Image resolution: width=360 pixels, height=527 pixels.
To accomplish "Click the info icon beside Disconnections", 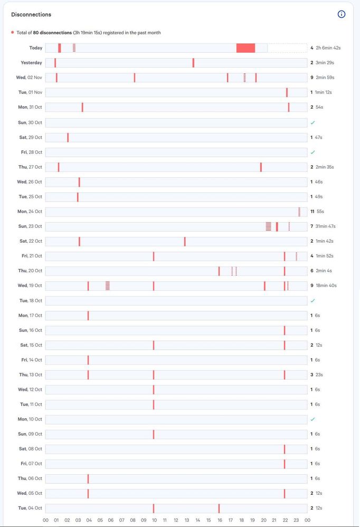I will [342, 14].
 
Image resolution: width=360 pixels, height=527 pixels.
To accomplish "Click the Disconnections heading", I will [31, 15].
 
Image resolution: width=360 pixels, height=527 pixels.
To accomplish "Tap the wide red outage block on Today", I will [245, 48].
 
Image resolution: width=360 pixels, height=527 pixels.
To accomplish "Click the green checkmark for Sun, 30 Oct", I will [312, 122].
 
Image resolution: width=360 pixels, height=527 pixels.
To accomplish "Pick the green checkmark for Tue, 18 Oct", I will [312, 301].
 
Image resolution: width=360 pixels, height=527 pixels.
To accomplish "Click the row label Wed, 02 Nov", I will [29, 78].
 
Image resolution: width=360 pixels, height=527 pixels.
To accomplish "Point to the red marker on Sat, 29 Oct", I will [68, 137].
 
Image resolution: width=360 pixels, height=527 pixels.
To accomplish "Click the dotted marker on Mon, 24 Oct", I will [299, 212].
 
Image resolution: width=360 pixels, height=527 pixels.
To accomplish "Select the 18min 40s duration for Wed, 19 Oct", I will [326, 285].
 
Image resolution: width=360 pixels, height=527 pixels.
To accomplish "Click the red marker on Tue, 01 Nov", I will [287, 92].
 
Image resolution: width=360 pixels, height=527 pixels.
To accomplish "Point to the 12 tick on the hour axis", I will [176, 520].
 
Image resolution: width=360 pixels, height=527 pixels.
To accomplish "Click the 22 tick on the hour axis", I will [285, 520].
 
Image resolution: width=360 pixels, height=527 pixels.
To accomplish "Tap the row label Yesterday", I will [31, 63].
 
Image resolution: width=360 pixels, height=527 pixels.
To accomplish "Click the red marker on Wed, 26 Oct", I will [79, 182].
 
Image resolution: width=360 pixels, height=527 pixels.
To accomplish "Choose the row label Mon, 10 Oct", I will [30, 419].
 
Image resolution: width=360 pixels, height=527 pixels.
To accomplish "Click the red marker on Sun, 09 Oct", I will [154, 434].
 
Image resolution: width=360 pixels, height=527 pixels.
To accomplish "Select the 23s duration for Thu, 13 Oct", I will [319, 375].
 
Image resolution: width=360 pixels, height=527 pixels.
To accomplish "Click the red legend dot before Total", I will [13, 33].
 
